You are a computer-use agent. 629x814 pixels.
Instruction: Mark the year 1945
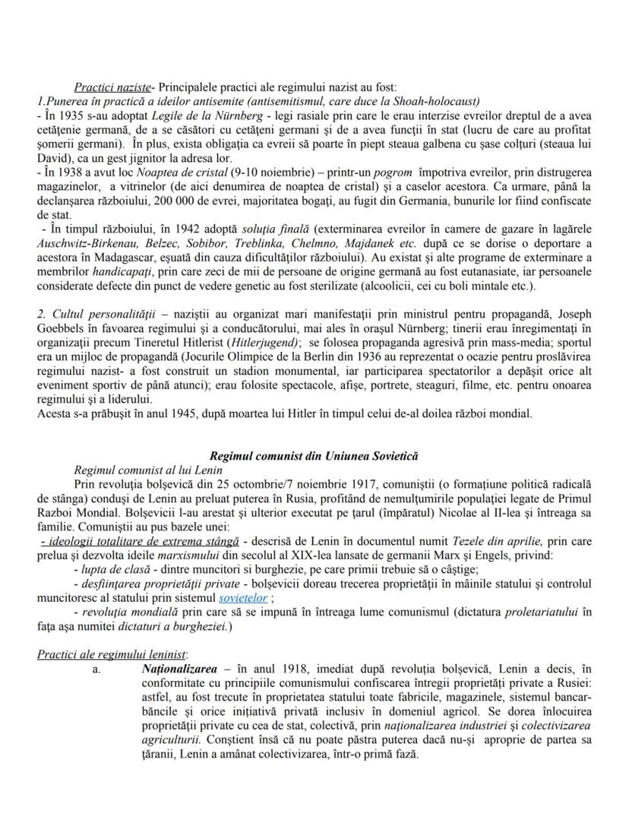[173, 414]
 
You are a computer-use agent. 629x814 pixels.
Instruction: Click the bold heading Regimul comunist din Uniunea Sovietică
[314, 456]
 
